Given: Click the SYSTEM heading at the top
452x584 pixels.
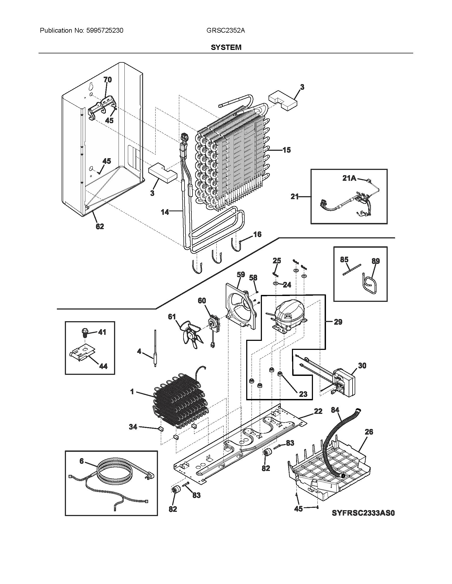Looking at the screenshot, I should [226, 47].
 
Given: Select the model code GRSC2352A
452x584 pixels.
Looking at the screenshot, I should [225, 31].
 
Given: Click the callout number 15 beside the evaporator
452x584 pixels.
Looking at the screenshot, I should [286, 150].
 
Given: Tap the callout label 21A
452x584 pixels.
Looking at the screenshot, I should [349, 178].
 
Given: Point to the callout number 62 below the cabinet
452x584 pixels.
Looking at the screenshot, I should [100, 226].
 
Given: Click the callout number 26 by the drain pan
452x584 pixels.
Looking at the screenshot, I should [369, 432].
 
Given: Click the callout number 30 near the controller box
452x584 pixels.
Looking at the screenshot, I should [362, 365].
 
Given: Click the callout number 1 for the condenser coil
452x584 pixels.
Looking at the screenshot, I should [132, 392].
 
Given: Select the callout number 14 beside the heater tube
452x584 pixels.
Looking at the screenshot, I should [165, 212].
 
